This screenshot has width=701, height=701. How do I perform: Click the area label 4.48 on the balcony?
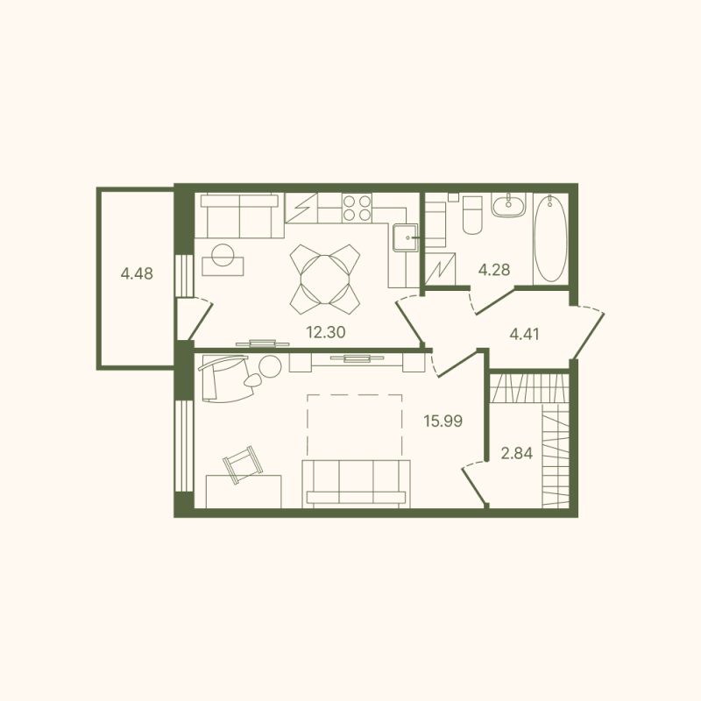[138, 273]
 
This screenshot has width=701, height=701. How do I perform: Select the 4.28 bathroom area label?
[493, 269]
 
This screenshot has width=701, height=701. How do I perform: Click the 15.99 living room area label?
[443, 421]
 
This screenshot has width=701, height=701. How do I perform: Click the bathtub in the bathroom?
[550, 238]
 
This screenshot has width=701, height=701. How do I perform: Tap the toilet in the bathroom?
[471, 215]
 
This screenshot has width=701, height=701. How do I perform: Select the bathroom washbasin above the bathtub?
[507, 207]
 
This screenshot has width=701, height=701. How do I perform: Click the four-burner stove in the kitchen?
[357, 208]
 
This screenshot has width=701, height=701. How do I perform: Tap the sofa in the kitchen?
[237, 215]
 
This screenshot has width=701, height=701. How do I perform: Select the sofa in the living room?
[356, 482]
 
